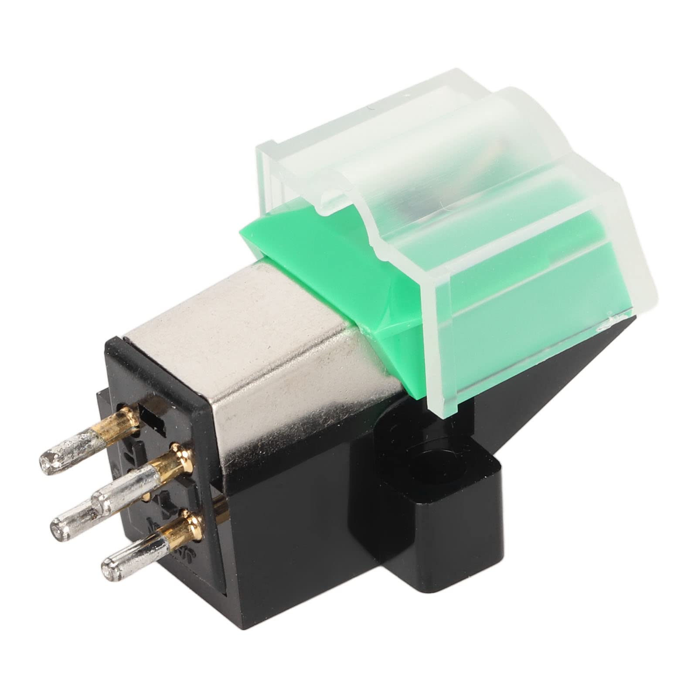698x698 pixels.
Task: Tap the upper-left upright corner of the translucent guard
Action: click(x=262, y=153)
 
